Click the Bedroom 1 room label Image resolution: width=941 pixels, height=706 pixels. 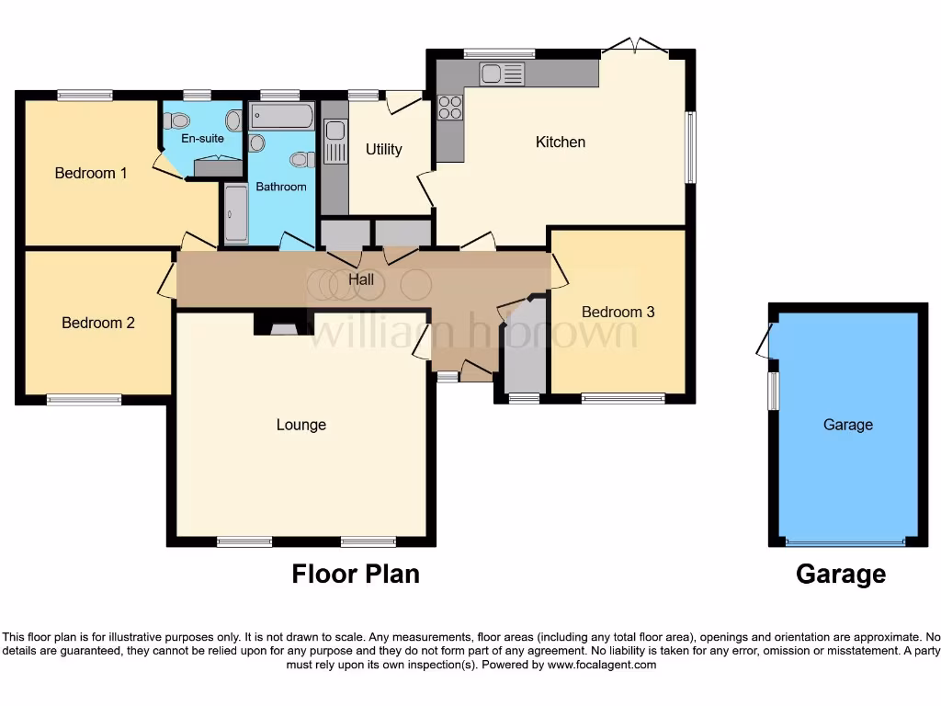[x=91, y=173]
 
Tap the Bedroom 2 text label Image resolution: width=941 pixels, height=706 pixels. [x=98, y=323]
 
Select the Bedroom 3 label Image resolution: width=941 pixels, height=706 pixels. [x=618, y=312]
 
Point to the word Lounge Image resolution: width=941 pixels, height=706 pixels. [x=300, y=425]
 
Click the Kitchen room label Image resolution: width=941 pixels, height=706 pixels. [x=560, y=142]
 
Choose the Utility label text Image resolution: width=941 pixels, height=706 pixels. [x=383, y=149]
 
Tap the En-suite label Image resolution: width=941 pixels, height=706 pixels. [x=201, y=139]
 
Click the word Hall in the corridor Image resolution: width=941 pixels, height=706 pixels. [x=361, y=279]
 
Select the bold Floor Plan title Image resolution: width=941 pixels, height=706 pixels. [x=356, y=574]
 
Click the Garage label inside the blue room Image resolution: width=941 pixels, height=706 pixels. [x=847, y=425]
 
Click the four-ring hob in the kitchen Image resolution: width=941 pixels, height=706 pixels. [x=449, y=108]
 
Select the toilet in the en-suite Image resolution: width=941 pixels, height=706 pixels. [x=178, y=120]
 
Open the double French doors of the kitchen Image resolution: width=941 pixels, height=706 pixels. [x=635, y=45]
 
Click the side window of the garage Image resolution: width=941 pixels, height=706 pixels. [x=774, y=391]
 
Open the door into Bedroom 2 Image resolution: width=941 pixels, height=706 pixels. [x=167, y=280]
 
